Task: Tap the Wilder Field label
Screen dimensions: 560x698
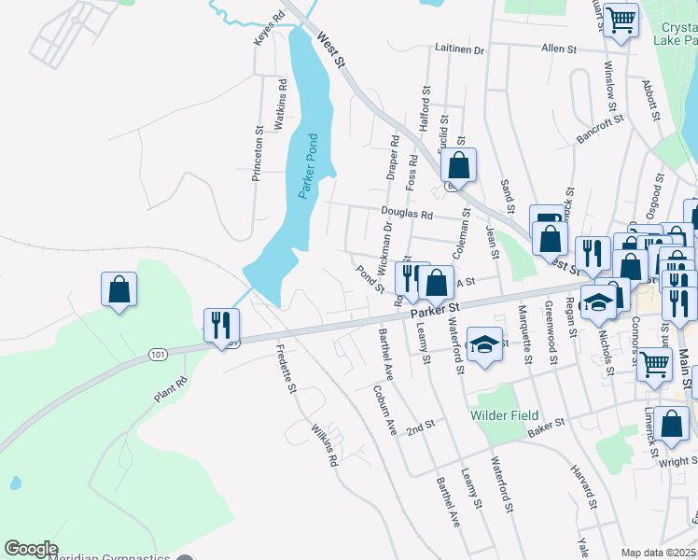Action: tap(504, 414)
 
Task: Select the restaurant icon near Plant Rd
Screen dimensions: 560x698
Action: tap(222, 326)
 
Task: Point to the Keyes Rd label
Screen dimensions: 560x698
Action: tap(268, 29)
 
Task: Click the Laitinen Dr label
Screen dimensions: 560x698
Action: tap(459, 49)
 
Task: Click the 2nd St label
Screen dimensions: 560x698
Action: tap(421, 426)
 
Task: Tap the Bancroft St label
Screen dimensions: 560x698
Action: tap(599, 130)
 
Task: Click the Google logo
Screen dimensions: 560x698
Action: tap(31, 549)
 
